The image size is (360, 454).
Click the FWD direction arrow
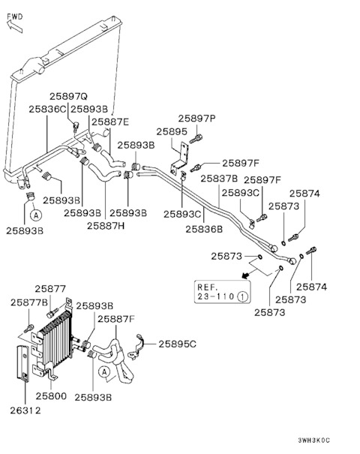point(14,26)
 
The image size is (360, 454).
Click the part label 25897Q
point(68,96)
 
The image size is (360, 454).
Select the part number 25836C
point(47,109)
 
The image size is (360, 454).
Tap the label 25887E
point(110,122)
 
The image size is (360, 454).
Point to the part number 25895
point(172,132)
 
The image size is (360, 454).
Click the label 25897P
point(196,119)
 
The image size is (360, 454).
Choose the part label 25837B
point(219,179)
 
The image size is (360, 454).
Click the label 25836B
point(204,229)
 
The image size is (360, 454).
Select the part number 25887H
point(106,226)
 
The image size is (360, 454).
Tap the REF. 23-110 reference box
point(222,292)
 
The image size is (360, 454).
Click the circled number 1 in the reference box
point(242,296)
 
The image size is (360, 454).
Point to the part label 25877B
point(29,302)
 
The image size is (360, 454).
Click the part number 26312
point(25,410)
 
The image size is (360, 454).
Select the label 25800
point(51,395)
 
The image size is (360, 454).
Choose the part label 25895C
point(178,344)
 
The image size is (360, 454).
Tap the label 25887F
point(116,319)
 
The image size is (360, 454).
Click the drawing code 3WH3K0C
point(313,440)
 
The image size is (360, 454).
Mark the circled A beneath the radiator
point(36,215)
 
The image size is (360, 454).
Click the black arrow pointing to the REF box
point(245,275)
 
